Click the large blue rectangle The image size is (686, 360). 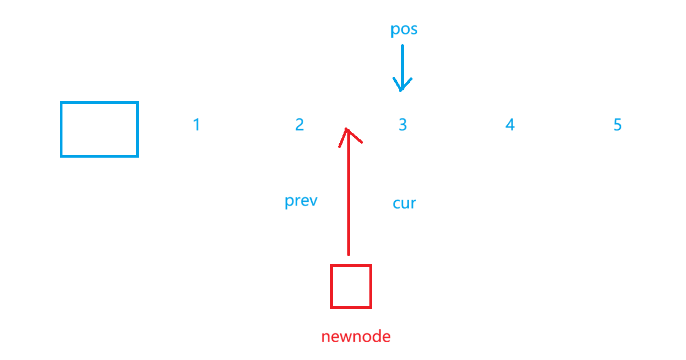99,129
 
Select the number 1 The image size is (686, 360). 197,125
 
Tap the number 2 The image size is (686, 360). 299,125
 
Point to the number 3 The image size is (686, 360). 402,125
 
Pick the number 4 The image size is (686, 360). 510,125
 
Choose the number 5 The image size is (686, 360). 618,125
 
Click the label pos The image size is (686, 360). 404,30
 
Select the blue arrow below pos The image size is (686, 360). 402,67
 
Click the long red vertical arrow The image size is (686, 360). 348,194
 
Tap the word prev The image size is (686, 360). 301,201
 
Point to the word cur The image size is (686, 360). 404,203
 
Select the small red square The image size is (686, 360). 351,286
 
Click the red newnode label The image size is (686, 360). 355,337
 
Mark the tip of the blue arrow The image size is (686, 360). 401,90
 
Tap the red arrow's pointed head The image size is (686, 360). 347,130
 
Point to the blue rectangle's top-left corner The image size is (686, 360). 61,103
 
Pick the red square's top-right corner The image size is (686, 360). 370,266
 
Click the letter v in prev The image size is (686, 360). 312,201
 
